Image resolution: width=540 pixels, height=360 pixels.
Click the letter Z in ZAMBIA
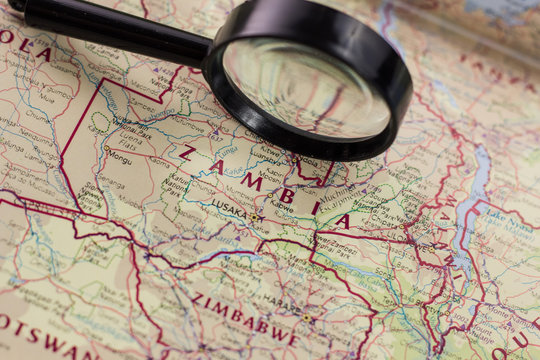pos(186,153)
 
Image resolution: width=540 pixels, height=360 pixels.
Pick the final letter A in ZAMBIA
pos(343,221)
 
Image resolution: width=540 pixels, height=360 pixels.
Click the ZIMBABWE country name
pos(244,318)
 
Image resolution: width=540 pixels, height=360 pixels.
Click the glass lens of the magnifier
pos(305,86)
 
